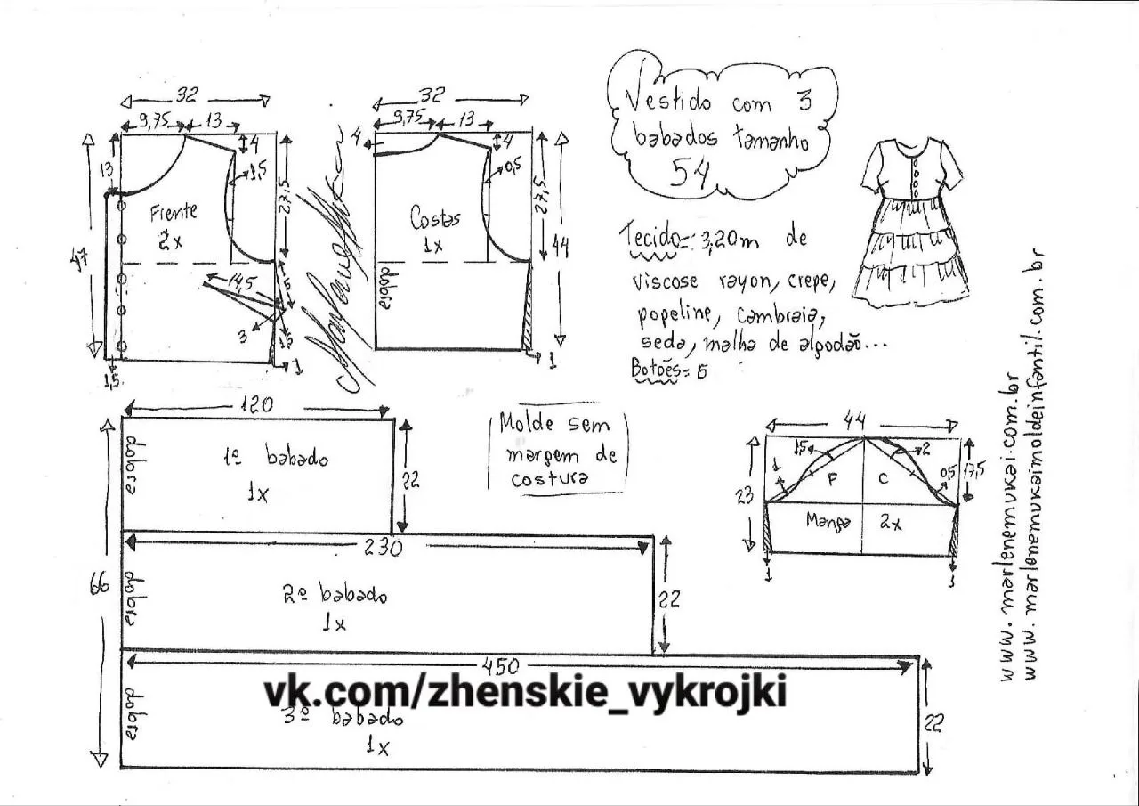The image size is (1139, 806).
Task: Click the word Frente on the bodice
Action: pos(174,213)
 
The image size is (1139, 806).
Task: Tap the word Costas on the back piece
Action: pos(435,216)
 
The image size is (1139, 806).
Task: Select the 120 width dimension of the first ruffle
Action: pos(256,404)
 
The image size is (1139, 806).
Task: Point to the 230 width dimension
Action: pos(384,547)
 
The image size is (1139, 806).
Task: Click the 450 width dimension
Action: pos(501,665)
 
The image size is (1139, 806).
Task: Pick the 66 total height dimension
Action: pos(100,586)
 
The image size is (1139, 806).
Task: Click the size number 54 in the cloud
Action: pos(690,172)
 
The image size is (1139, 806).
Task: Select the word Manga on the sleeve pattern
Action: pos(828,520)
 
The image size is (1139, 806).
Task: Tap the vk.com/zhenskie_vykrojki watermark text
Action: pos(525,692)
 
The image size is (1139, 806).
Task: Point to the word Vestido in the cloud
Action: pos(669,100)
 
